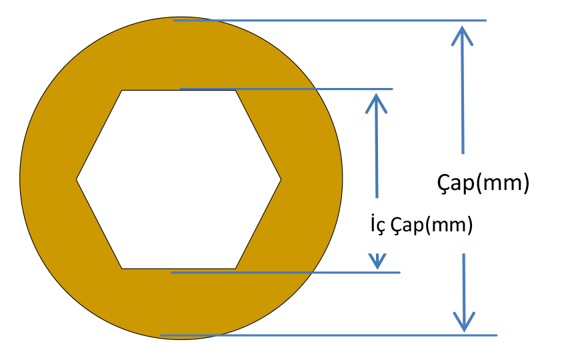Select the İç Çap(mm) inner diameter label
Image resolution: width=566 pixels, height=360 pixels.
pos(421,225)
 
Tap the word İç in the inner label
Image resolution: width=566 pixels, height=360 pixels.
pos(377,225)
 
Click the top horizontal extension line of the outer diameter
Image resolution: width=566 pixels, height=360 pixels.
pos(330,21)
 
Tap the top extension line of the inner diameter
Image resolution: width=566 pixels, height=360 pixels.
pos(287,89)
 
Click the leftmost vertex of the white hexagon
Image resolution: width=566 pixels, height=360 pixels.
pos(77,179)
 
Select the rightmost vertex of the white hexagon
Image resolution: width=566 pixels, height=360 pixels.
pos(281,179)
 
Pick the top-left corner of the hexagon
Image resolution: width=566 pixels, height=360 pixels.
pos(122,91)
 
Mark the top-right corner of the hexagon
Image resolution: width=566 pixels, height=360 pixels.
pos(236,91)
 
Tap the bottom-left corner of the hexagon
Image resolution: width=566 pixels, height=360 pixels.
pos(122,268)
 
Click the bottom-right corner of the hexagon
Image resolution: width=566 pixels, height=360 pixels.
pos(235,268)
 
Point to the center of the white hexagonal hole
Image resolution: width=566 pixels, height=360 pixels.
pos(179,179)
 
